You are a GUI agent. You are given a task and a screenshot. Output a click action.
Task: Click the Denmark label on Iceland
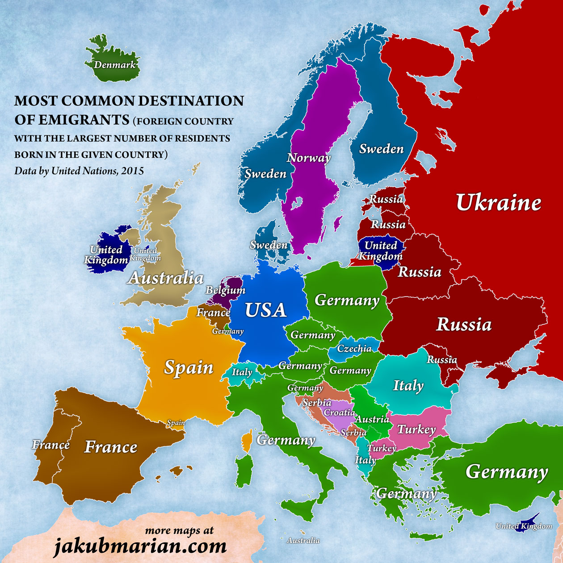[x=114, y=65]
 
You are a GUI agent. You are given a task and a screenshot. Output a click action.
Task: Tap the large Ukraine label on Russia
[x=498, y=203]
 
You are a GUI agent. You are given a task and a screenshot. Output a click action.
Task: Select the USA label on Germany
[x=265, y=310]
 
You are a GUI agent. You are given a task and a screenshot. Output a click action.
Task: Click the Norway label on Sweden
[x=308, y=158]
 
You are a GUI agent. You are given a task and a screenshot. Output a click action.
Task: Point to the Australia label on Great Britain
[x=165, y=278]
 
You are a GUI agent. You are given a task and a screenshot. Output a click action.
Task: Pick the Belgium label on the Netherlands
[x=225, y=290]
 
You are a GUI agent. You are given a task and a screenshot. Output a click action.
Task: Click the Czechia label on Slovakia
[x=354, y=349]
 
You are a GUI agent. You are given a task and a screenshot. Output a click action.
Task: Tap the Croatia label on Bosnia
[x=339, y=412]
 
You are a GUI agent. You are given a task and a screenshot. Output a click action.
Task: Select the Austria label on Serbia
[x=372, y=419]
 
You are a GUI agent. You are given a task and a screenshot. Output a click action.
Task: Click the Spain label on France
[x=189, y=367]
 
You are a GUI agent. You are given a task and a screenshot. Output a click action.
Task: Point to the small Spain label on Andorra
[x=176, y=422]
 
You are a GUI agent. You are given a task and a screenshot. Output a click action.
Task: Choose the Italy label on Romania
[x=408, y=385]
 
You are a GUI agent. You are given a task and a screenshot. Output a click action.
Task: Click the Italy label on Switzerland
[x=242, y=372]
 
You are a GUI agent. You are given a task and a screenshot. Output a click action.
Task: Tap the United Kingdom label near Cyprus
[x=524, y=526]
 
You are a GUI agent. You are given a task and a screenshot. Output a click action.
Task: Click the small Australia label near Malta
[x=303, y=540]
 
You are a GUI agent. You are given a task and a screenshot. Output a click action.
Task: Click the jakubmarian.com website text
[x=140, y=546]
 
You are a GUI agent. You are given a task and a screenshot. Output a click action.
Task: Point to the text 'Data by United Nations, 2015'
[x=79, y=171]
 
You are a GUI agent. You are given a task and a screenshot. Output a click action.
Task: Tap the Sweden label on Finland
[x=381, y=149]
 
